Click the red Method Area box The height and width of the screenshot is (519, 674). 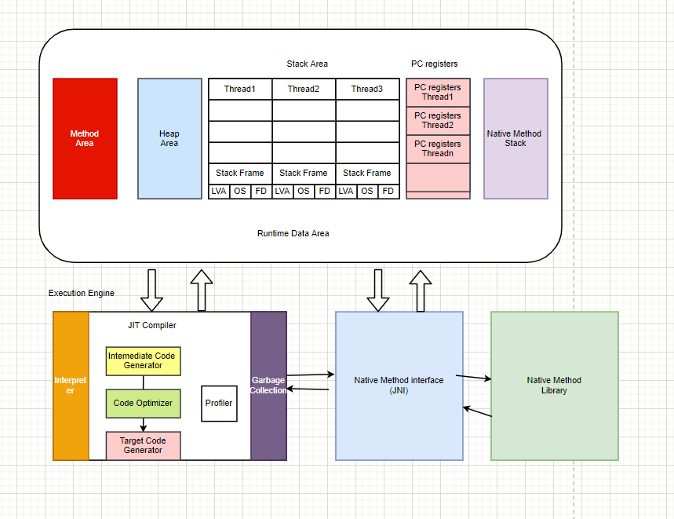(85, 138)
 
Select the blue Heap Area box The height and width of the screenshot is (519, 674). (169, 138)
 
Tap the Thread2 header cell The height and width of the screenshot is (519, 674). (304, 89)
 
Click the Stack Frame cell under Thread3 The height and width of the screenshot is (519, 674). (367, 173)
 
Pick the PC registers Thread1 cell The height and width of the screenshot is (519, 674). (439, 92)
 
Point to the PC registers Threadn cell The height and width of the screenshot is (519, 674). (439, 148)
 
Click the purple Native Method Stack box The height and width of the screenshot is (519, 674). (516, 138)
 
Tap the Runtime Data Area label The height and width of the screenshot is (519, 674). (293, 233)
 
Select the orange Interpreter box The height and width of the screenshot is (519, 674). (71, 386)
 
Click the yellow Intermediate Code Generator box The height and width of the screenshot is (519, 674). (143, 360)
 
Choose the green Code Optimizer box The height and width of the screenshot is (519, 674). (143, 403)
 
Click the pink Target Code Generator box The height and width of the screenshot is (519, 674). (143, 445)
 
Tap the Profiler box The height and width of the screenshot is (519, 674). (219, 403)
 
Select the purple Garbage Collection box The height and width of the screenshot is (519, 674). (268, 386)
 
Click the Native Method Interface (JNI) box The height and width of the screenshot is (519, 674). (399, 385)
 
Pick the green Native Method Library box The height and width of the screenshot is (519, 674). (554, 385)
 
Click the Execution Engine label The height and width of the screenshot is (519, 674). (82, 293)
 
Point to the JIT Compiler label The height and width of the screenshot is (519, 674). (152, 325)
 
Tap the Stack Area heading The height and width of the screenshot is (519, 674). (308, 64)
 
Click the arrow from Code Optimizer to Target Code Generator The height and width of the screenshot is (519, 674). (143, 424)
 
